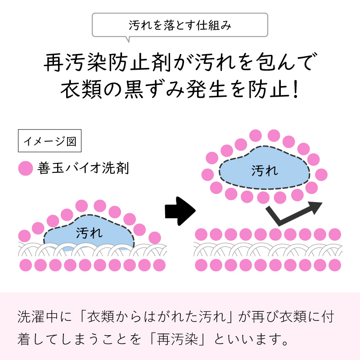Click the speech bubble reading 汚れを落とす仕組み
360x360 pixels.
click(180, 25)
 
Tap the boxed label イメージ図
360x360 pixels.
click(49, 142)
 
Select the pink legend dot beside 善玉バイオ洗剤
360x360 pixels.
click(25, 169)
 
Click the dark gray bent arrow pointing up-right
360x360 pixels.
click(295, 213)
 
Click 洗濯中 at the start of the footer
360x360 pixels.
click(38, 315)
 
